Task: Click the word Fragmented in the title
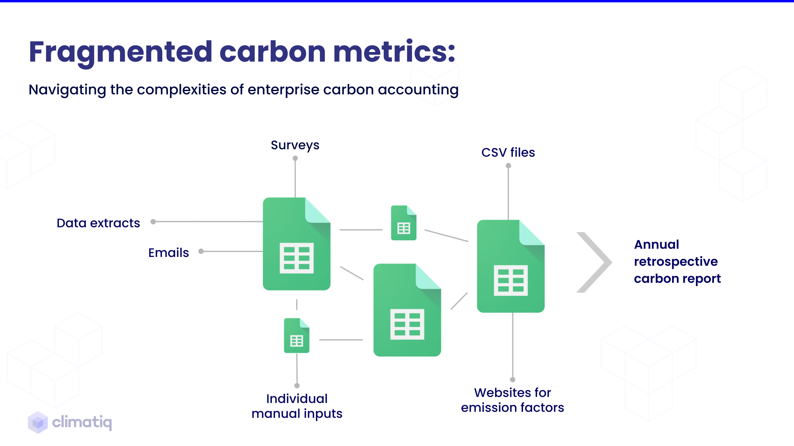(x=120, y=52)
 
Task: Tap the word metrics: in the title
(x=394, y=52)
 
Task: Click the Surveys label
(x=295, y=145)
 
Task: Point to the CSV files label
(x=508, y=153)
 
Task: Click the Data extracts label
(x=98, y=223)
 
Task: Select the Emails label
(x=168, y=253)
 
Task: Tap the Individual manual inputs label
(x=297, y=406)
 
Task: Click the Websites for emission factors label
(x=512, y=400)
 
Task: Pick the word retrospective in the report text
(x=676, y=262)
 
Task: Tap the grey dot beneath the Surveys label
(x=295, y=158)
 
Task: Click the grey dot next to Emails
(x=201, y=251)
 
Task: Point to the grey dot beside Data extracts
(x=153, y=222)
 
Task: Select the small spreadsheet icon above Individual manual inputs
(x=296, y=336)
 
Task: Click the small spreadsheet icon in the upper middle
(x=403, y=223)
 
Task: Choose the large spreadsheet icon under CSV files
(x=510, y=266)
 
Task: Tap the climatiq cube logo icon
(x=38, y=422)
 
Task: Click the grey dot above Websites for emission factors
(x=513, y=380)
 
